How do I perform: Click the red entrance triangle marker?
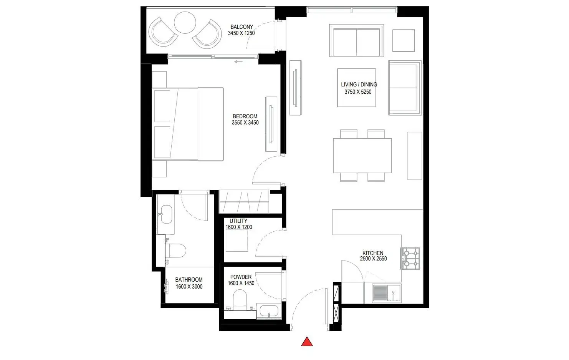tap(307, 342)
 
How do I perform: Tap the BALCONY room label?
tap(241, 27)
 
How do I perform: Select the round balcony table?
tap(185, 23)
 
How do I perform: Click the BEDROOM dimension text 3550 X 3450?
tap(245, 123)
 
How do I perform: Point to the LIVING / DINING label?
tap(359, 85)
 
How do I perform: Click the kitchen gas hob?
tap(411, 258)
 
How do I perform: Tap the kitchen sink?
tap(387, 294)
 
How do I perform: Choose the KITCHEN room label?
tap(373, 253)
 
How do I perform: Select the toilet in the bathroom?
tap(175, 251)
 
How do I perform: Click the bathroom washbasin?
tap(166, 214)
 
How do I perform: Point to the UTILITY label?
tap(238, 221)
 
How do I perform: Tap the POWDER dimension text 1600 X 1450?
tap(241, 283)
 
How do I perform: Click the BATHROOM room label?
tap(189, 280)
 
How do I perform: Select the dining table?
tap(362, 156)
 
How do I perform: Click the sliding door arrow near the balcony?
tap(238, 62)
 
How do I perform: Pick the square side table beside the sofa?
tap(404, 40)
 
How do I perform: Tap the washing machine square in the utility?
tap(237, 241)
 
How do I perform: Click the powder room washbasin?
tap(269, 311)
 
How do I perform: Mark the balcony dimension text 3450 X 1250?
tap(241, 33)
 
